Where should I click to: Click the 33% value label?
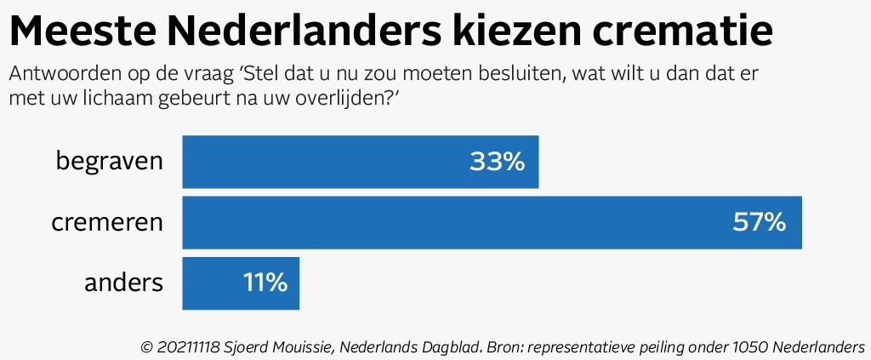(497, 162)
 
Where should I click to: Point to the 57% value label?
(759, 223)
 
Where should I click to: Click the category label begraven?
(109, 162)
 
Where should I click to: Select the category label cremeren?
(106, 223)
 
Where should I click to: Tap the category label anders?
(123, 283)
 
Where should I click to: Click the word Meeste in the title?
(82, 32)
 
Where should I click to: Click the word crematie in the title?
(688, 32)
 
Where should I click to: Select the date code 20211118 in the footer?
(193, 347)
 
